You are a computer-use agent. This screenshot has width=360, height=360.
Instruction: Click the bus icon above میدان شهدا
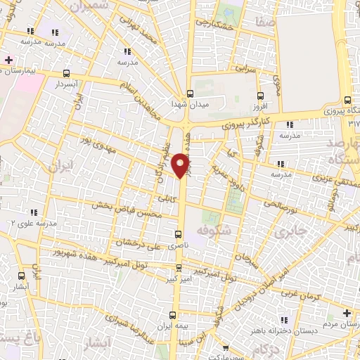click(x=190, y=93)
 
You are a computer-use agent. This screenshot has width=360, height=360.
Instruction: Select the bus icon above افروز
click(x=259, y=96)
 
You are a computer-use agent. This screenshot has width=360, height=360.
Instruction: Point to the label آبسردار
click(x=67, y=84)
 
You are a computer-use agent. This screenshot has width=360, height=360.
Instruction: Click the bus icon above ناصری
click(x=179, y=234)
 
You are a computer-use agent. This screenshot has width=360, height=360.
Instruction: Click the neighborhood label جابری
click(x=290, y=232)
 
